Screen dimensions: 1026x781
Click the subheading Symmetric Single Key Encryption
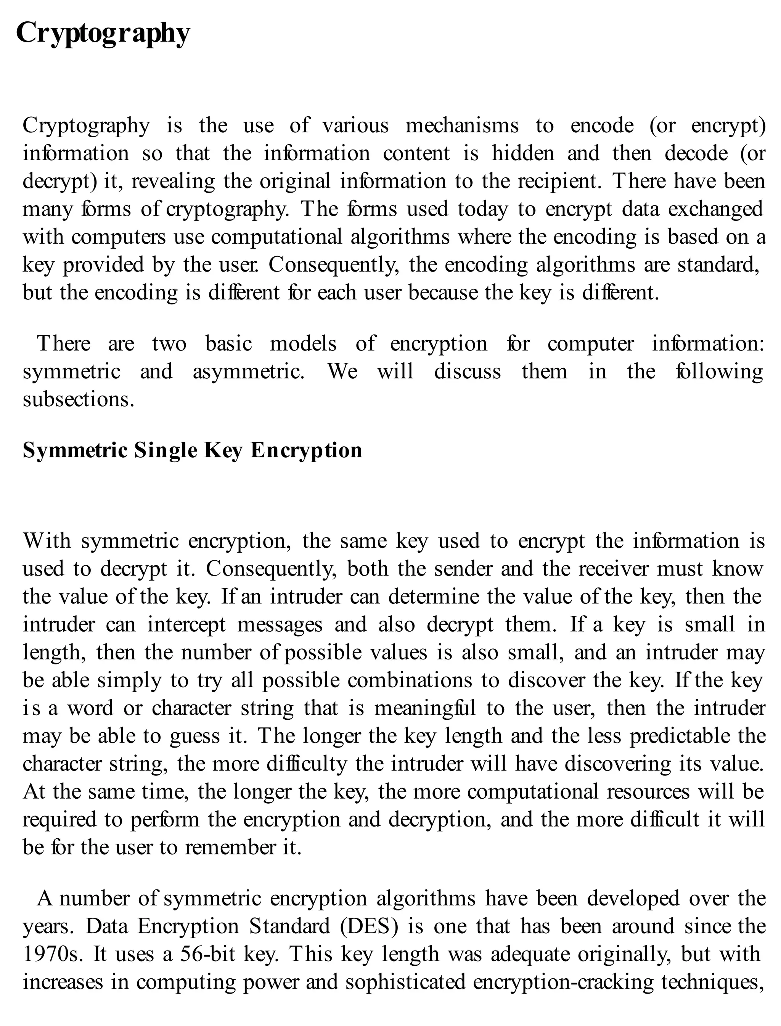192,450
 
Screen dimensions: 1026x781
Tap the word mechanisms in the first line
462,125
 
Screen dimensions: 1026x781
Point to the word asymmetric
248,372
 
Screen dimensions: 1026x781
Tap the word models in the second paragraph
303,344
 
